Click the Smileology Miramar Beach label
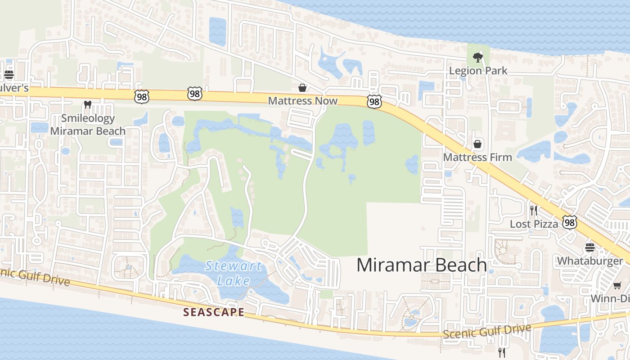pyautogui.click(x=88, y=125)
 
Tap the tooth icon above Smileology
pyautogui.click(x=88, y=105)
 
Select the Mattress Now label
pyautogui.click(x=302, y=101)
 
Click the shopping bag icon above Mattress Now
pyautogui.click(x=302, y=87)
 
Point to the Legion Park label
pyautogui.click(x=478, y=71)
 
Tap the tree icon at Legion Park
pyautogui.click(x=477, y=58)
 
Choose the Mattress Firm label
pyautogui.click(x=477, y=157)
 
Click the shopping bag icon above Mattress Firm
pyautogui.click(x=477, y=144)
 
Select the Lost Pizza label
pyautogui.click(x=534, y=224)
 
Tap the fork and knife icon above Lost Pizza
pyautogui.click(x=534, y=210)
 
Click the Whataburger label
pyautogui.click(x=590, y=261)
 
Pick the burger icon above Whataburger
pyautogui.click(x=590, y=247)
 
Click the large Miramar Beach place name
pyautogui.click(x=422, y=265)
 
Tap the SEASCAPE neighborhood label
pyautogui.click(x=214, y=312)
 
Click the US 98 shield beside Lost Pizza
pyautogui.click(x=570, y=222)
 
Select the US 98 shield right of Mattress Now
pyautogui.click(x=374, y=102)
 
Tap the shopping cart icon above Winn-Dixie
pyautogui.click(x=617, y=286)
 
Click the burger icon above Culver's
pyautogui.click(x=9, y=74)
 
